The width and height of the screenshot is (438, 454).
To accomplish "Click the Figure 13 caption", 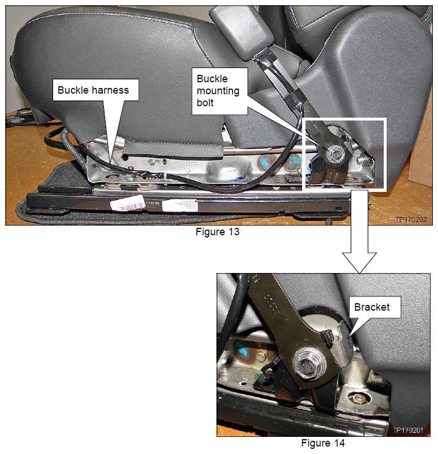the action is point(218,232).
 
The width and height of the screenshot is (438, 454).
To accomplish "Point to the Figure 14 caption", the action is point(323,443).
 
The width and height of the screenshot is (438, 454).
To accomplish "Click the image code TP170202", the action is point(411,219).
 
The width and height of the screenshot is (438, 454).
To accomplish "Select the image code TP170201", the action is point(408,430).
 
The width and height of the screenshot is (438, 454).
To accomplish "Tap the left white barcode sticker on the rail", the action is point(128,203).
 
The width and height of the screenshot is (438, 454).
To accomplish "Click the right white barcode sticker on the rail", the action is point(180,206).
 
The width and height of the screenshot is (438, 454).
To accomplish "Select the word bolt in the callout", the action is point(205,102).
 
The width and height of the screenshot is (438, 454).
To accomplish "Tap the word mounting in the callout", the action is point(218,91).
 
